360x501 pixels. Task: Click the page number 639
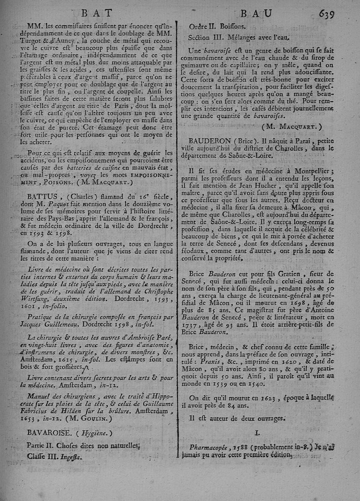[325, 13]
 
